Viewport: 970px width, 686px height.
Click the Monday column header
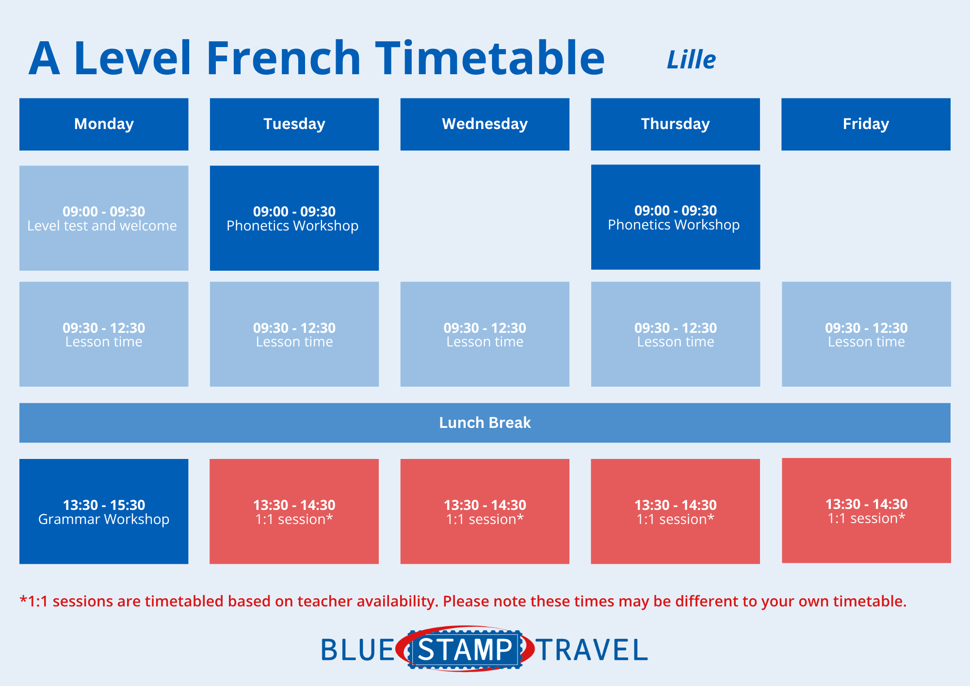click(x=104, y=124)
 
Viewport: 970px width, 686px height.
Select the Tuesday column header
click(x=294, y=124)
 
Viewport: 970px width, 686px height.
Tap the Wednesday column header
click(x=485, y=124)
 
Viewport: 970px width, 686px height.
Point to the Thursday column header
click(x=675, y=124)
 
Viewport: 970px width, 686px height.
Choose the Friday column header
click(x=866, y=124)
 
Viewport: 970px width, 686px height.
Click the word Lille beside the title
click(x=691, y=60)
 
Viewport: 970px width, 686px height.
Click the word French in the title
click(x=284, y=58)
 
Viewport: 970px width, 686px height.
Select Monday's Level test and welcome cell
click(x=104, y=218)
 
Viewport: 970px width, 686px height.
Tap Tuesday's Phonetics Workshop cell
click(x=294, y=218)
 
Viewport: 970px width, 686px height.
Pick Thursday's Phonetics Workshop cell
click(x=676, y=217)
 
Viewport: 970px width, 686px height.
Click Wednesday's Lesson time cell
click(x=485, y=334)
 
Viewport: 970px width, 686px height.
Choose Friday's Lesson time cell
click(x=866, y=334)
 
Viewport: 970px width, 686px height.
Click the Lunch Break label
click(x=485, y=423)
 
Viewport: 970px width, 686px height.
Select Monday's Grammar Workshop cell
click(x=104, y=511)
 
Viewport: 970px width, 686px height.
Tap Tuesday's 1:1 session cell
click(x=294, y=511)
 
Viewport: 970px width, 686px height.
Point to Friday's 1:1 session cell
click(x=866, y=510)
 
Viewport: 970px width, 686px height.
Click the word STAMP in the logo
click(x=465, y=650)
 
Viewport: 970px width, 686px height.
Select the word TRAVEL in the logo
click(x=592, y=650)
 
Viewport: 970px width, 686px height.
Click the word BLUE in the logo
click(x=358, y=650)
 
